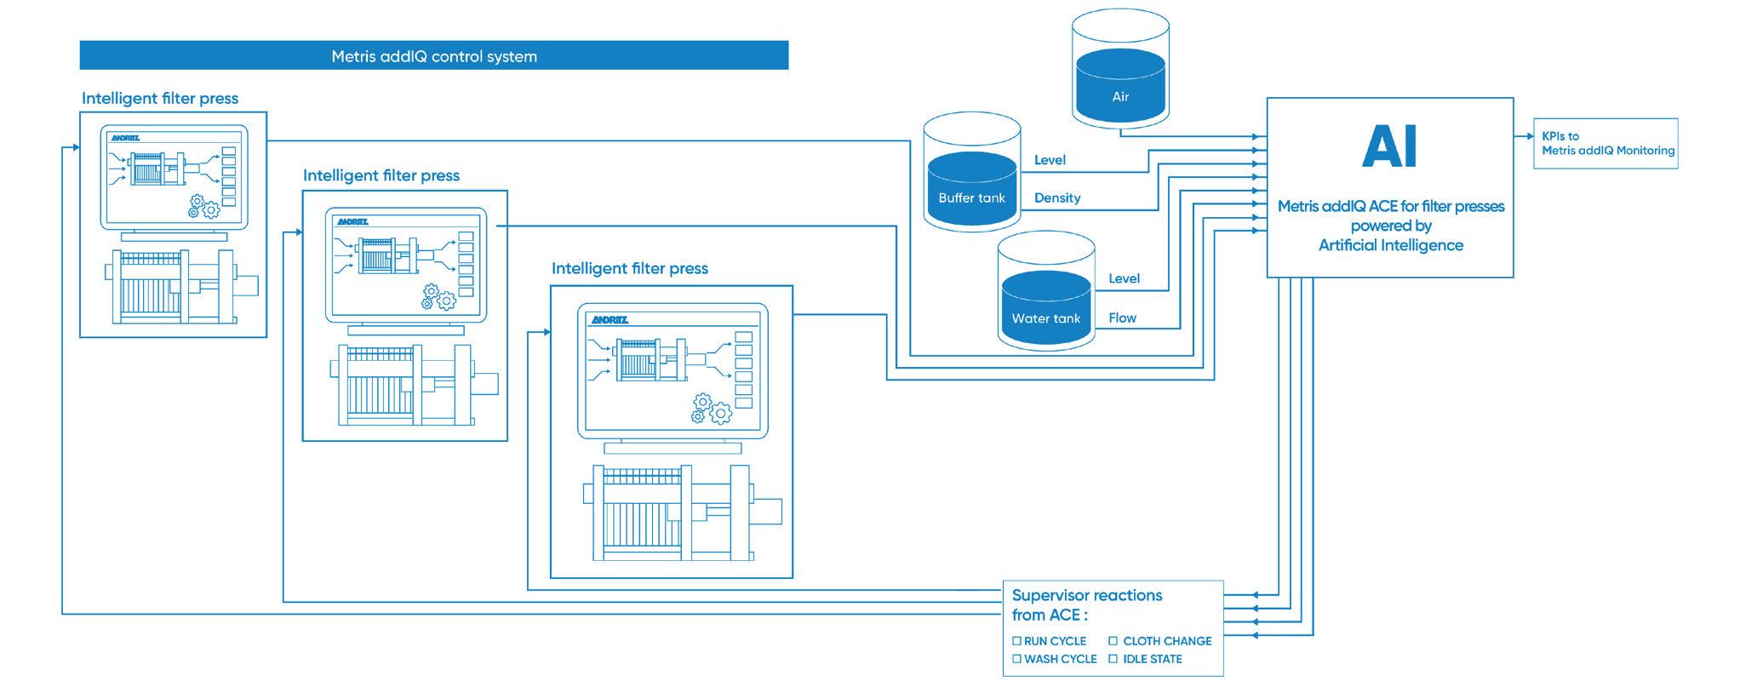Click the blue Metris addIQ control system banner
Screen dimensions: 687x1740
(x=434, y=56)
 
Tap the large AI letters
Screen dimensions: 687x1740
(x=1389, y=146)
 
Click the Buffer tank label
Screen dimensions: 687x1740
(x=971, y=198)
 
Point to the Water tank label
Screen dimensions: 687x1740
(x=1045, y=318)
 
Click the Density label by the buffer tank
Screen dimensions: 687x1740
(x=1057, y=198)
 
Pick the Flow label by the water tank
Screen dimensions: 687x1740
(x=1122, y=318)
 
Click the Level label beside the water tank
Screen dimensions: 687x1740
(x=1124, y=278)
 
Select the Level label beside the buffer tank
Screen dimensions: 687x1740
(x=1050, y=160)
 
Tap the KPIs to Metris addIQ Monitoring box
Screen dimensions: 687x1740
(x=1605, y=143)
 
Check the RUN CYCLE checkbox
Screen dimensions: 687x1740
(x=1016, y=641)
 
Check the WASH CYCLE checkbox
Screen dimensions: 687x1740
(x=1016, y=659)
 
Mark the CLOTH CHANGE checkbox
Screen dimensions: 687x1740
(x=1113, y=641)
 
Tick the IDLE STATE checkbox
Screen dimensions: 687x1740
(x=1113, y=659)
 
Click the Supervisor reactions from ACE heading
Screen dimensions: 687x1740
(x=1086, y=604)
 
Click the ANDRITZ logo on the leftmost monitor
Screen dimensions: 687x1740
(x=125, y=138)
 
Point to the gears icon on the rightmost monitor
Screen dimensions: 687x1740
(x=713, y=409)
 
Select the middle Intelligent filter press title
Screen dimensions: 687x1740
(x=381, y=175)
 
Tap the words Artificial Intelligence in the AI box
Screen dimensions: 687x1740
(x=1390, y=245)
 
